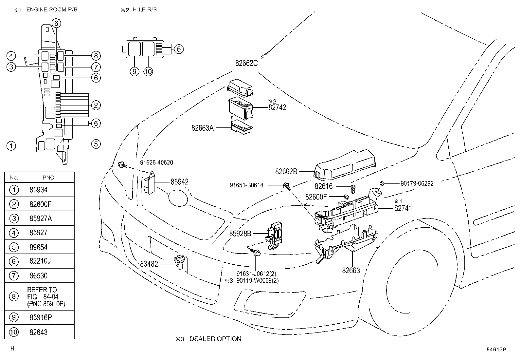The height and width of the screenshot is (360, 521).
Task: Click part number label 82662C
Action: pos(246,63)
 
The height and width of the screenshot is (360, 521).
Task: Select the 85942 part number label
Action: pos(179,182)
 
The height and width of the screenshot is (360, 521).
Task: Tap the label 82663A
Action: pos(202,128)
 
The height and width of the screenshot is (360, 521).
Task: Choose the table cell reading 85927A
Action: pos(41,218)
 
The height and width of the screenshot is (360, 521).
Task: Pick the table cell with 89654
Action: pos(38,247)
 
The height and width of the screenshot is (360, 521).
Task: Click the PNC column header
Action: pos(48,178)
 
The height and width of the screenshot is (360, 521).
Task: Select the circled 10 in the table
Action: pos(14,332)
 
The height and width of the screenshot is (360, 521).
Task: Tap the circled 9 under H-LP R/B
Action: pos(135,71)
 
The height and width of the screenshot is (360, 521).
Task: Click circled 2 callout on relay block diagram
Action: pos(96,105)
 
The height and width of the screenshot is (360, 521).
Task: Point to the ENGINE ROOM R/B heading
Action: pos(52,9)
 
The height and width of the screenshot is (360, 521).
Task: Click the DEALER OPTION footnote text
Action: pos(215,339)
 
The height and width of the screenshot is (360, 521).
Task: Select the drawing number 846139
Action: pos(496,349)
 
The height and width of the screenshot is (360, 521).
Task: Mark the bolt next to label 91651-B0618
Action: pos(287,186)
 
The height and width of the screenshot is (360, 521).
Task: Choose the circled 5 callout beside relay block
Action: pos(96,144)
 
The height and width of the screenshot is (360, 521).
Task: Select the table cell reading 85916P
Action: pos(38,317)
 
